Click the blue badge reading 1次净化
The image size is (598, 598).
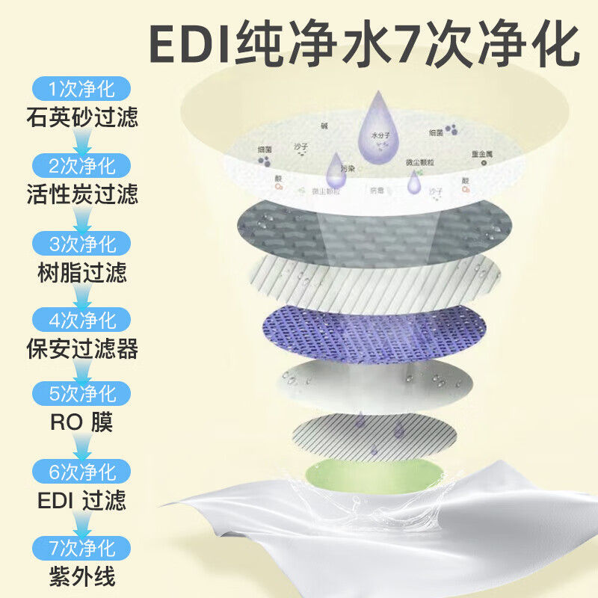[81, 90]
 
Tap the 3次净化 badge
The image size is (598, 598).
[81, 244]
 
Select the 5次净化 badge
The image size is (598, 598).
[81, 394]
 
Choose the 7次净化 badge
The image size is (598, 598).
[81, 546]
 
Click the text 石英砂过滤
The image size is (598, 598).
[81, 117]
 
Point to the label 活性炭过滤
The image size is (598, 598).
[81, 195]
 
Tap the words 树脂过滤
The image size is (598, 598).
[81, 272]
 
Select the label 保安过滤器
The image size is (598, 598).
[81, 348]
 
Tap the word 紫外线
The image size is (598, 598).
[81, 576]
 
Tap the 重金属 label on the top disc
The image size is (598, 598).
[481, 154]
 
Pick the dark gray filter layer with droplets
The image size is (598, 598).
[374, 224]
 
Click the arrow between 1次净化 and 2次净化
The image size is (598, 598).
[81, 140]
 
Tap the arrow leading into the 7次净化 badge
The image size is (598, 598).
[81, 523]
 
